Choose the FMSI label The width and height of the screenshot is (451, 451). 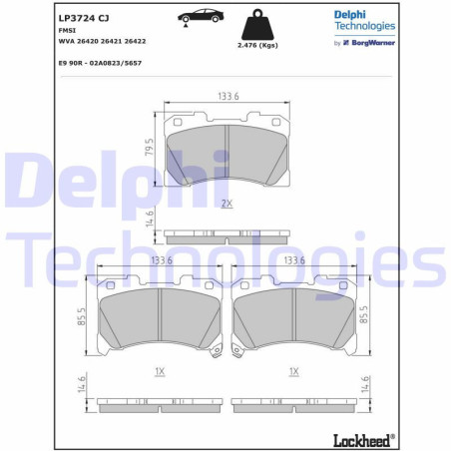67,31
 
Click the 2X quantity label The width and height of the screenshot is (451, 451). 225,204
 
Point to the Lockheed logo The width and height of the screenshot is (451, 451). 362,439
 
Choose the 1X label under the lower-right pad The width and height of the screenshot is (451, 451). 294,371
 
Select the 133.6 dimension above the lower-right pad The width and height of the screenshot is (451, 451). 294,260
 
